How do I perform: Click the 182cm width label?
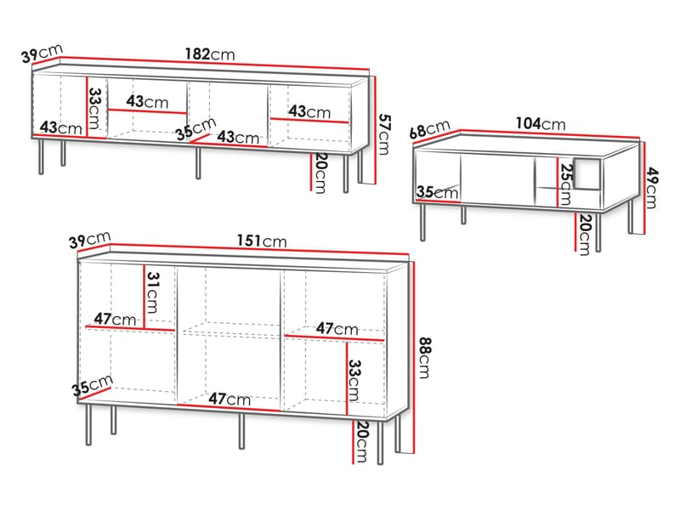[210, 54]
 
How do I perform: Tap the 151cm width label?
[262, 241]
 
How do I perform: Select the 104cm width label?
[541, 123]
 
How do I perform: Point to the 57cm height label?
[384, 134]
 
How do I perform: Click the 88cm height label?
[425, 358]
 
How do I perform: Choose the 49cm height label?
[652, 188]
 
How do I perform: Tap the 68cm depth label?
[430, 129]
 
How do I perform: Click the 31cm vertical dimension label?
[153, 292]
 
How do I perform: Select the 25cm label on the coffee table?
[565, 184]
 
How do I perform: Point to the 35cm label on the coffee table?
[437, 192]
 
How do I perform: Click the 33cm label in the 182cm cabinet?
[94, 109]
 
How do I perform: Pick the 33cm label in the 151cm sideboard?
[354, 380]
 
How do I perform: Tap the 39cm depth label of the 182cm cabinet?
[42, 54]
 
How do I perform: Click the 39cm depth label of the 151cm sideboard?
[90, 240]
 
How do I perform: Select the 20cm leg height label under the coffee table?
[585, 235]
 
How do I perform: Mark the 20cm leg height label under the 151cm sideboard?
[361, 442]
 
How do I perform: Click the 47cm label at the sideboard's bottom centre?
[229, 399]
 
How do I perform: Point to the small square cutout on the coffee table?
[586, 174]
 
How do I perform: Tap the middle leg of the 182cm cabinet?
[198, 163]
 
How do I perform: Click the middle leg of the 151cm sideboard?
[241, 431]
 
